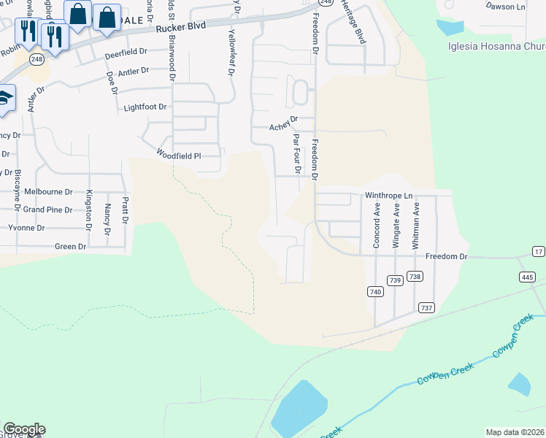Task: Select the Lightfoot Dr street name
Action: pos(145,107)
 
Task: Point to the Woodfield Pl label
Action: pos(178,155)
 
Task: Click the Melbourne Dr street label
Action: pos(48,192)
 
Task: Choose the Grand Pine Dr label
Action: pos(47,210)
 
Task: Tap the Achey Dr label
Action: pos(284,123)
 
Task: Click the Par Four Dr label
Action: pos(297,153)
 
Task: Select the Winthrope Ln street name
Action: pos(389,196)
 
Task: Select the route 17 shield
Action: pos(539,252)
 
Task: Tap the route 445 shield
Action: pos(527,277)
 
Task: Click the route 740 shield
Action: pos(375,291)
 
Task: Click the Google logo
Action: pos(24,429)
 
